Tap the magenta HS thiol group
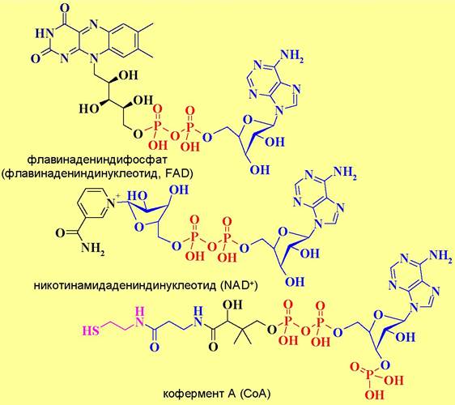tap(91, 331)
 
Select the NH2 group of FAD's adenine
tap(292, 56)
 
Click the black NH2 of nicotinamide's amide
tap(92, 249)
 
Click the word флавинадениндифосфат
tap(97, 160)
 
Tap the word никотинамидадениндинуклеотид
tap(125, 286)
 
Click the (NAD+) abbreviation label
tap(239, 285)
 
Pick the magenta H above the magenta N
tap(140, 312)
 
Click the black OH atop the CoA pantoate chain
tap(232, 305)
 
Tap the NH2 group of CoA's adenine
tap(440, 255)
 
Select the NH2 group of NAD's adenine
tap(345, 173)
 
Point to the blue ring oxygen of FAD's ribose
tap(247, 120)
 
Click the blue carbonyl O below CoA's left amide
tap(155, 347)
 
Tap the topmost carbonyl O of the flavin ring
tap(66, 8)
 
